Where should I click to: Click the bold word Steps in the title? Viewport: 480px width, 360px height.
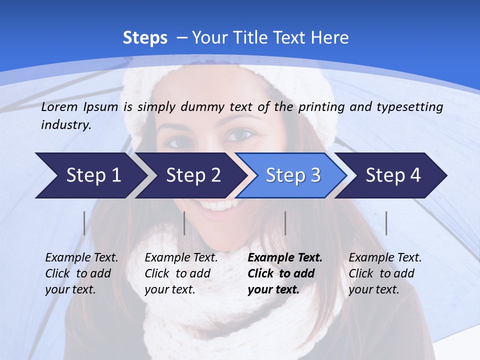(145, 38)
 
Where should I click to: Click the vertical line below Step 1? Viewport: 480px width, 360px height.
(84, 223)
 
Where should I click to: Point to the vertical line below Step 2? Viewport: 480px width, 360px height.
(184, 223)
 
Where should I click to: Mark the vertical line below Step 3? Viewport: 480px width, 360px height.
(285, 223)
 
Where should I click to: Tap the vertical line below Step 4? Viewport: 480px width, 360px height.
(386, 223)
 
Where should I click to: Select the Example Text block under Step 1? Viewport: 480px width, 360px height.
(81, 273)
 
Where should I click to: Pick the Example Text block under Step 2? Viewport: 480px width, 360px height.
(181, 273)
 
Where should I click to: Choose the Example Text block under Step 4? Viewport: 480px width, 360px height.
(385, 273)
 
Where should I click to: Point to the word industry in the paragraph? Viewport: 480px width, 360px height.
(65, 125)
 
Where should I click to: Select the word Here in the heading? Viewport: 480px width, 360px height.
(329, 38)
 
